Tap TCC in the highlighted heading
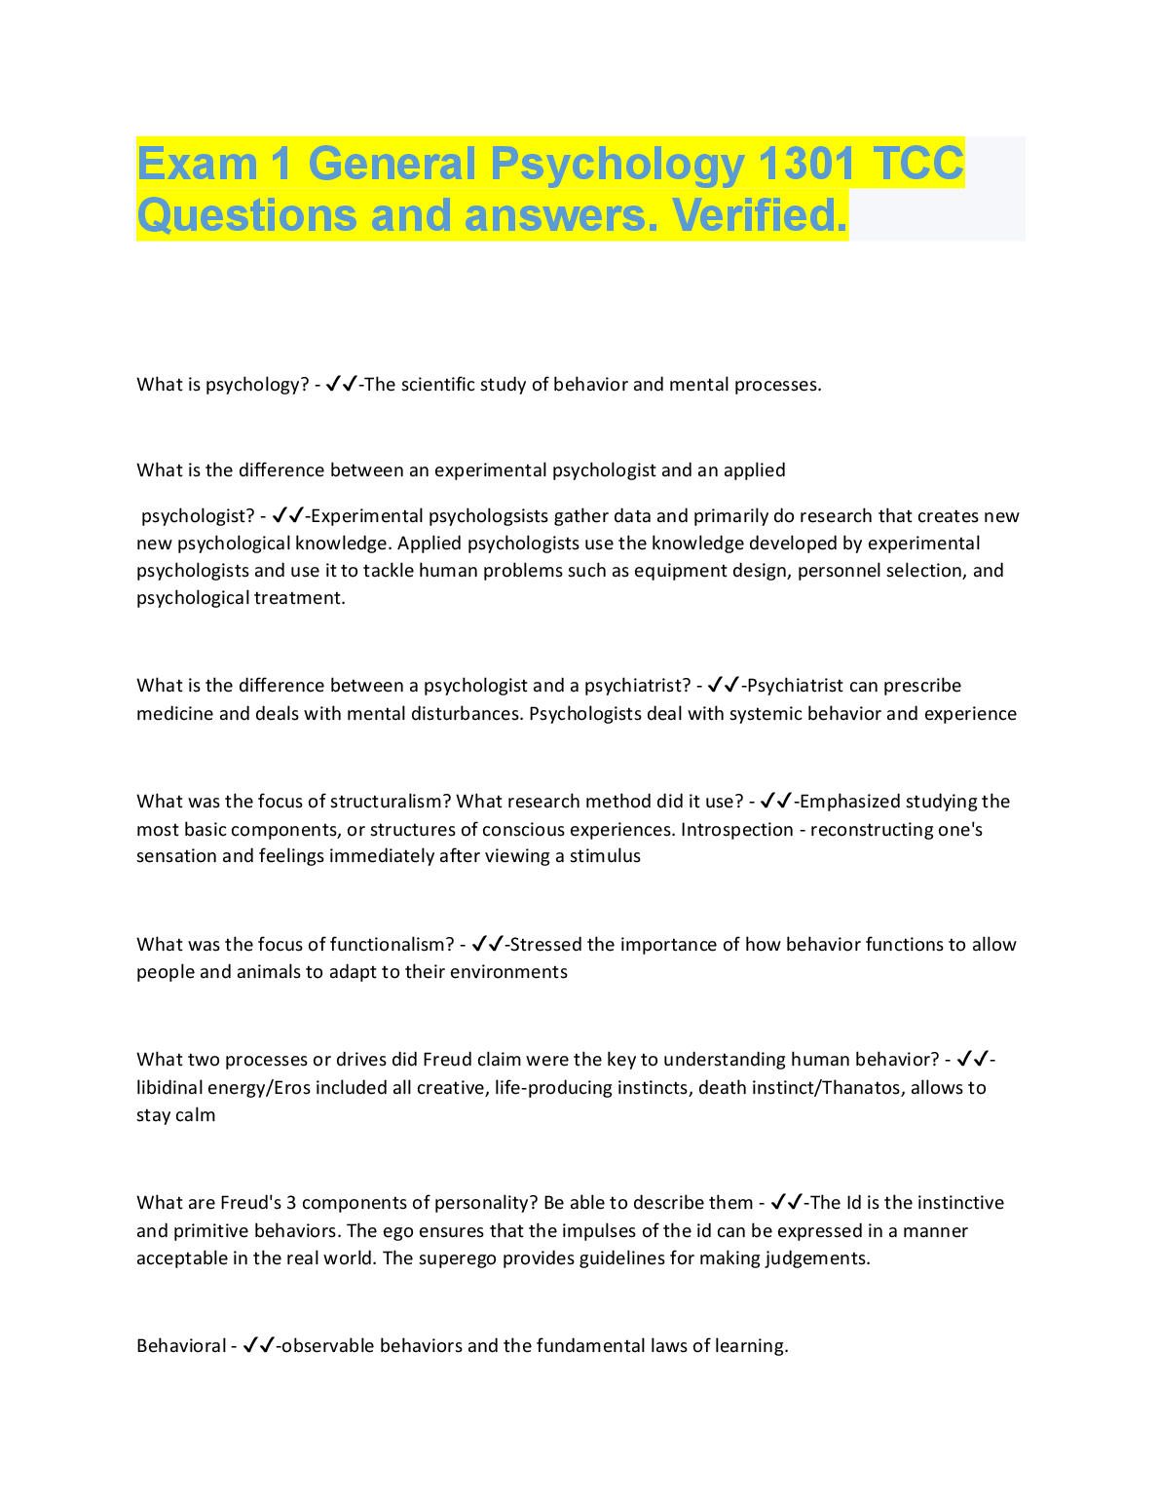pos(918,164)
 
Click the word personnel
pos(839,571)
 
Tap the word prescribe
pos(922,686)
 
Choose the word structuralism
pos(391,802)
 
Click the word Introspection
pos(737,830)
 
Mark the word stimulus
pos(605,856)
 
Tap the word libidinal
pos(170,1088)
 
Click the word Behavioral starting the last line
pos(181,1346)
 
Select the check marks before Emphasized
pos(776,802)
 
